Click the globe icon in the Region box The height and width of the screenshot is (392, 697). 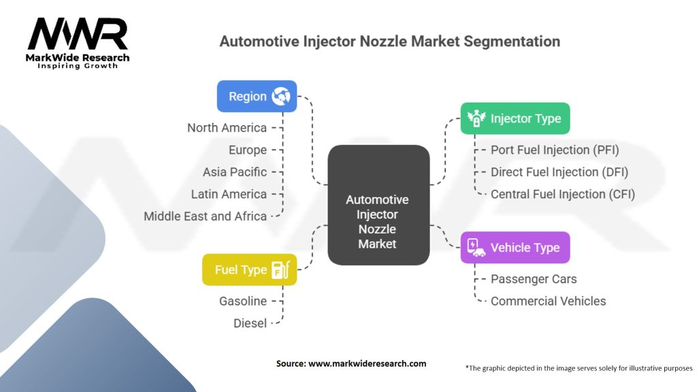(281, 96)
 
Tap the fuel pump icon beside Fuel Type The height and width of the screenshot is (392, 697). (280, 269)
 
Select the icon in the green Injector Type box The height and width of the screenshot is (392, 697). (476, 118)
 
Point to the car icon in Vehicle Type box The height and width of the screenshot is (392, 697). (476, 248)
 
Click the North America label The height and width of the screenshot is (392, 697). (227, 127)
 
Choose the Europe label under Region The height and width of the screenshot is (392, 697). (248, 150)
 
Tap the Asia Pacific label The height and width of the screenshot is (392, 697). (235, 172)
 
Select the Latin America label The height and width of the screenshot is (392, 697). (229, 194)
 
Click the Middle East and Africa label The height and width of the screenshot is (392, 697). (205, 216)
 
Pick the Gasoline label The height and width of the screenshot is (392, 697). (243, 301)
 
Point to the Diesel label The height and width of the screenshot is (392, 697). (250, 323)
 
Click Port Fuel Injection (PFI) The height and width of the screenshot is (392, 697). (555, 150)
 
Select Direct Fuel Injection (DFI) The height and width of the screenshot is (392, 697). (560, 172)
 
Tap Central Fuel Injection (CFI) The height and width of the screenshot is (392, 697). (563, 194)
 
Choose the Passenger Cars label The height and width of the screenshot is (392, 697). (534, 278)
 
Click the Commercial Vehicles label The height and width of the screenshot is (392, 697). (548, 301)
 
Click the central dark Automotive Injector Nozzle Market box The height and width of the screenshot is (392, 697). (378, 205)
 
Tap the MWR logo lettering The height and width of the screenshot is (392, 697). (78, 34)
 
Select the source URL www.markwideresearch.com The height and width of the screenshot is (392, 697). (367, 363)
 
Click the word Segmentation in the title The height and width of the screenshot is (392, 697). (512, 42)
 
